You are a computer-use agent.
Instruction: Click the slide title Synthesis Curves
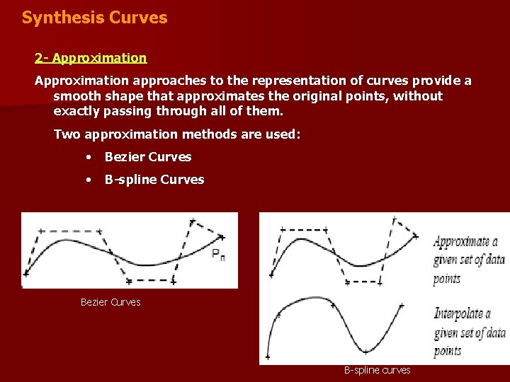(94, 18)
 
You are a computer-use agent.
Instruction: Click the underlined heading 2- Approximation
(91, 58)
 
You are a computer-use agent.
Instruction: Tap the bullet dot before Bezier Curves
(88, 157)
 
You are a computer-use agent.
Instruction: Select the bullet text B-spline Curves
(154, 180)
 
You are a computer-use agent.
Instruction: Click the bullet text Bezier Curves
(148, 157)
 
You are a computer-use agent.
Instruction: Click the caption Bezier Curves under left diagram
(110, 302)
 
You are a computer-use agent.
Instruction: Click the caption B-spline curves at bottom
(377, 370)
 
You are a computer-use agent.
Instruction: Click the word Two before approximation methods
(67, 134)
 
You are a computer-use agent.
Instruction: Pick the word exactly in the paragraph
(79, 111)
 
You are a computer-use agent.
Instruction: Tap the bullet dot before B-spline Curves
(88, 180)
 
